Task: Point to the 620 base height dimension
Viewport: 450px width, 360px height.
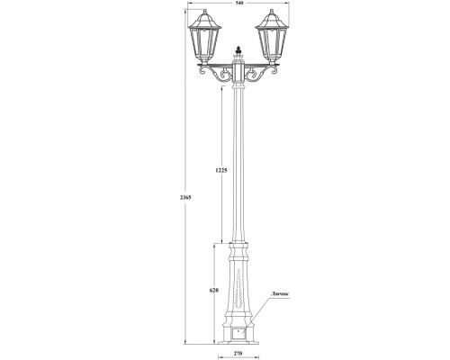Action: [213, 291]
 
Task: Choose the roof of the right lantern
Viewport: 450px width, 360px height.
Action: [269, 19]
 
